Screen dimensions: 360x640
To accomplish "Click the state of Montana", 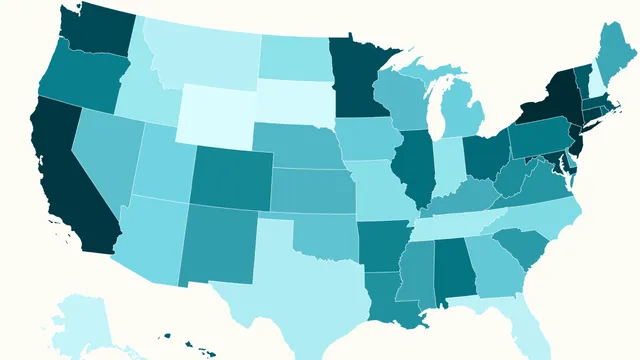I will click(200, 50).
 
